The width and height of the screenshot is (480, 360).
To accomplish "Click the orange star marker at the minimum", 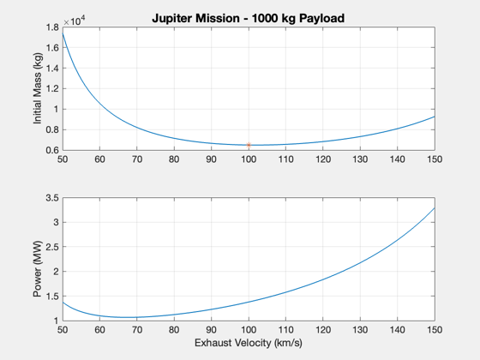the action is (x=249, y=145).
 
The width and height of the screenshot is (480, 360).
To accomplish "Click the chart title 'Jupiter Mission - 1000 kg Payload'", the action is (x=249, y=18).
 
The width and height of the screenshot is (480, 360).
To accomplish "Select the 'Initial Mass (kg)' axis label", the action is (x=38, y=88).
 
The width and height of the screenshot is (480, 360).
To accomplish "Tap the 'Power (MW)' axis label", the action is (x=38, y=269).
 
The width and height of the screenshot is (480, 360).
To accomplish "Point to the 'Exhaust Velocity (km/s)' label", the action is (x=249, y=343).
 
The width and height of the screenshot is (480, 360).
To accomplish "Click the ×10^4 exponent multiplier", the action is (x=75, y=21).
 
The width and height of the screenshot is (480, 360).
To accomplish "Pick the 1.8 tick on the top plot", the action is (x=52, y=27).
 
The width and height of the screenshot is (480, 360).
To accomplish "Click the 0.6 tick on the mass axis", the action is (x=52, y=150).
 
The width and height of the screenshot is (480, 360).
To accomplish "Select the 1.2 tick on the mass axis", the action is (x=52, y=89).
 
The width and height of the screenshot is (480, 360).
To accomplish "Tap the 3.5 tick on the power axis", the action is (x=52, y=198).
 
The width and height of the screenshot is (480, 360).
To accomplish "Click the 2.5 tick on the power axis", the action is (x=52, y=247).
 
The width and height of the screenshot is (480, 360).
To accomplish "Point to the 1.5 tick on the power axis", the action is (x=52, y=296).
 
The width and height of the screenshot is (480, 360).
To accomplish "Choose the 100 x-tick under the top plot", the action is (x=249, y=159).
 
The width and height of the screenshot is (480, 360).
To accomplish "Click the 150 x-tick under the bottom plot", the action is (x=435, y=330).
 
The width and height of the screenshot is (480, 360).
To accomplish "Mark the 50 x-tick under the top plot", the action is (x=63, y=159).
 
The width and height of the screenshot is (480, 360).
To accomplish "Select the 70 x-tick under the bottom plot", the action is (x=137, y=330).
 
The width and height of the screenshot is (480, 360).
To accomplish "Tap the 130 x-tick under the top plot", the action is (x=360, y=159).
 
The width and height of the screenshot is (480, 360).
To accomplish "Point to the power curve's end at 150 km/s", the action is (x=435, y=207).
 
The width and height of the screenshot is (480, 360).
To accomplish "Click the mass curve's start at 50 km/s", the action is (x=63, y=33).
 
